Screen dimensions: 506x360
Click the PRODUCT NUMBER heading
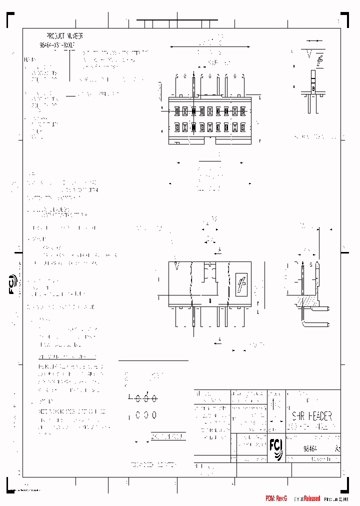[x=64, y=36]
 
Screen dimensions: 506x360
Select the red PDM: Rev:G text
[x=276, y=498]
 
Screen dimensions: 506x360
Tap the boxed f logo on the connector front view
[x=241, y=284]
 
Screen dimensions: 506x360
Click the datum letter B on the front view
[x=210, y=301]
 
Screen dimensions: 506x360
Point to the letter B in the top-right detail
[x=313, y=88]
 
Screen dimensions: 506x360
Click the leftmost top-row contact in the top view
[x=177, y=110]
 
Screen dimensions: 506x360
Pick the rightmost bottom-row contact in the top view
[x=243, y=127]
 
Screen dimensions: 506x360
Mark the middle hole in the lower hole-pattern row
[x=146, y=415]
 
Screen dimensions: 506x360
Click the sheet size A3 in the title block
[x=337, y=448]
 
